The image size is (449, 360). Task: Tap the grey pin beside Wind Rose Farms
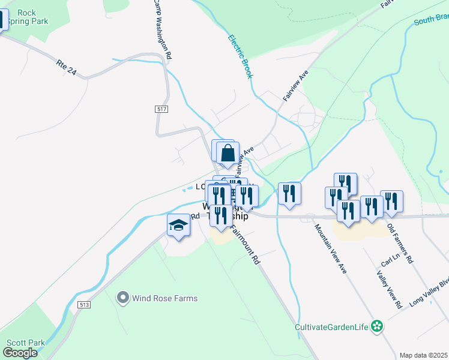pyautogui.click(x=123, y=298)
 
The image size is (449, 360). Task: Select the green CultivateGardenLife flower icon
pyautogui.click(x=377, y=327)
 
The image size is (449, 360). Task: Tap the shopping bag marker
pyautogui.click(x=228, y=154)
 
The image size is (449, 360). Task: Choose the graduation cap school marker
pyautogui.click(x=178, y=226)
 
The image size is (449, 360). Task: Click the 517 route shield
pyautogui.click(x=161, y=109)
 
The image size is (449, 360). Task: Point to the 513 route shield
pyautogui.click(x=83, y=305)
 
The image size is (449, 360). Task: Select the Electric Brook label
pyautogui.click(x=240, y=57)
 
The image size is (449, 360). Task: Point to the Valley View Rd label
pyautogui.click(x=389, y=290)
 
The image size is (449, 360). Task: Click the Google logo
pyautogui.click(x=20, y=353)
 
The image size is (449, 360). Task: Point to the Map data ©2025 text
pyautogui.click(x=423, y=355)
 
